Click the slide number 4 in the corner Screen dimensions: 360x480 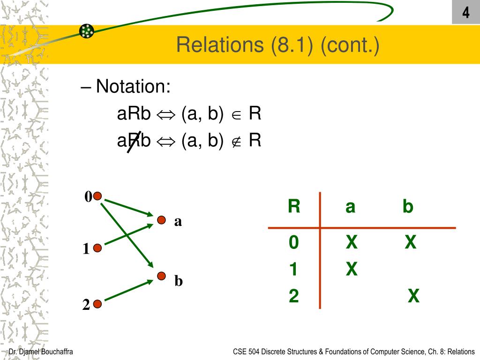465,13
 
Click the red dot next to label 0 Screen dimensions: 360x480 97,196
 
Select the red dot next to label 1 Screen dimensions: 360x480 97,248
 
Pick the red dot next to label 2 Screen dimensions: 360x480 97,304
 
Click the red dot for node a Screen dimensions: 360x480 161,220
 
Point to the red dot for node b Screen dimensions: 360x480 161,276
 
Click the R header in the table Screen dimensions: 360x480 294,206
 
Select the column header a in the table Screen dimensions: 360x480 350,207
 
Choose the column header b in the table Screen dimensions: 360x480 408,207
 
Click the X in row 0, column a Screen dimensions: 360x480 352,242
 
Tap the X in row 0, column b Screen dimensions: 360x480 411,242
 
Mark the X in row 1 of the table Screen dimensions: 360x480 352,269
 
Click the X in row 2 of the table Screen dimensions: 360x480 413,296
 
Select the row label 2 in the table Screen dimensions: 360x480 294,296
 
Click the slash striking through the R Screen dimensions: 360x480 135,142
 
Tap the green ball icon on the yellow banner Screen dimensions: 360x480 87,31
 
